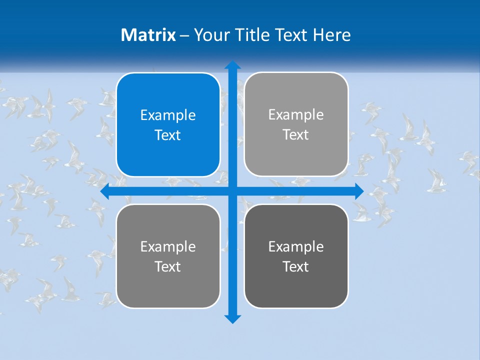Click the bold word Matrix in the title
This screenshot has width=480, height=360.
click(148, 35)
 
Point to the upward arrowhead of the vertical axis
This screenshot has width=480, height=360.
click(232, 65)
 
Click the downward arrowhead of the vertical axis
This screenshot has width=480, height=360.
click(232, 319)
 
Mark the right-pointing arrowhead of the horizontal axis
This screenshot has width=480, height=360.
click(359, 191)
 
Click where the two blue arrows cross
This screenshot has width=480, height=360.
click(232, 191)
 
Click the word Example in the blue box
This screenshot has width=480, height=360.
click(168, 115)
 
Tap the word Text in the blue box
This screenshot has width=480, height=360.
click(168, 135)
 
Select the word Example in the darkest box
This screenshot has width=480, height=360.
click(296, 246)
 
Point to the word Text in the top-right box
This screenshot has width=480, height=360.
click(296, 135)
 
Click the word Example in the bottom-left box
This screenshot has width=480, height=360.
click(168, 246)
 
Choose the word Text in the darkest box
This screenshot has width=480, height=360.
click(296, 266)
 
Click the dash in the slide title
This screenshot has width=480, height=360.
click(184, 35)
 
